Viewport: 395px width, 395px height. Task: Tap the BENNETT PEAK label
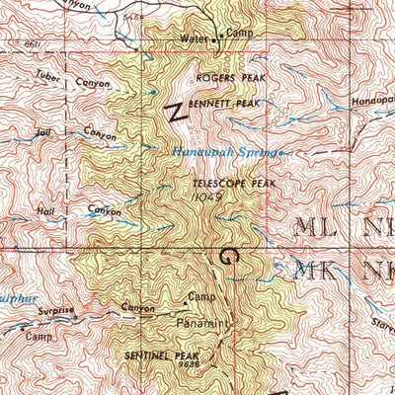[227, 103]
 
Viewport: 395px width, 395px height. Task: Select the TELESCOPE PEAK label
[226, 184]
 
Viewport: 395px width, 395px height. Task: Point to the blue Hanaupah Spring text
[224, 152]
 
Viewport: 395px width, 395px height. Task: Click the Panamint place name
[204, 323]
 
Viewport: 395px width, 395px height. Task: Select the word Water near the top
[194, 39]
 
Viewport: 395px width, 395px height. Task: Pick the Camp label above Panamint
[201, 297]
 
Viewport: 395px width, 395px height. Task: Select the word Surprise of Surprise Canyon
[56, 310]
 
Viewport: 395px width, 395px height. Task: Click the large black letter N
[175, 111]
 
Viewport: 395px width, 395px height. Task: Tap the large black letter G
[229, 256]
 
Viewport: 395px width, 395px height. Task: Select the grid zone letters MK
[318, 270]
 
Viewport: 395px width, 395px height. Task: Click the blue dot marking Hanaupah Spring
[281, 153]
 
